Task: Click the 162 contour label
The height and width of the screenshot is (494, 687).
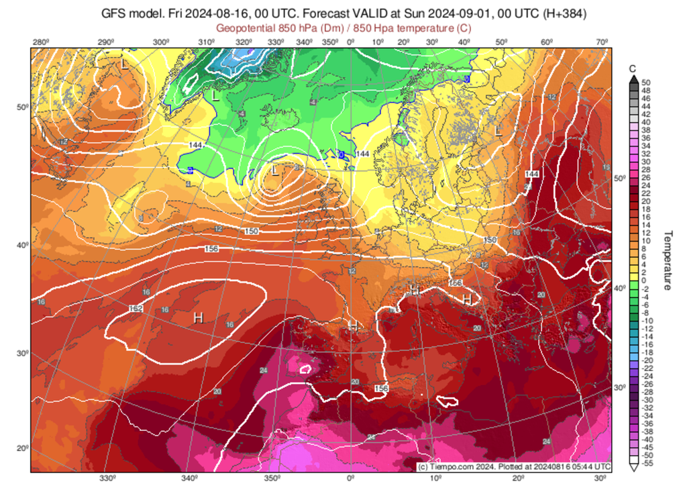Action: click(x=136, y=308)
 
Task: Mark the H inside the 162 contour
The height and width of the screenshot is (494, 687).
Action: click(x=198, y=317)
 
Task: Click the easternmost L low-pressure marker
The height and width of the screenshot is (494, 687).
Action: click(x=498, y=131)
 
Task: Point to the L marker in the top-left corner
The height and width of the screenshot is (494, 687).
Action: click(x=124, y=65)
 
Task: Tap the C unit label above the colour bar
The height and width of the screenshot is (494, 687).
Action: click(x=632, y=68)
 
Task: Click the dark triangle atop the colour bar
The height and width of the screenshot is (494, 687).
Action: click(x=632, y=79)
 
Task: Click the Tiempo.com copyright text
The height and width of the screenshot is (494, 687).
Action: click(x=513, y=466)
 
